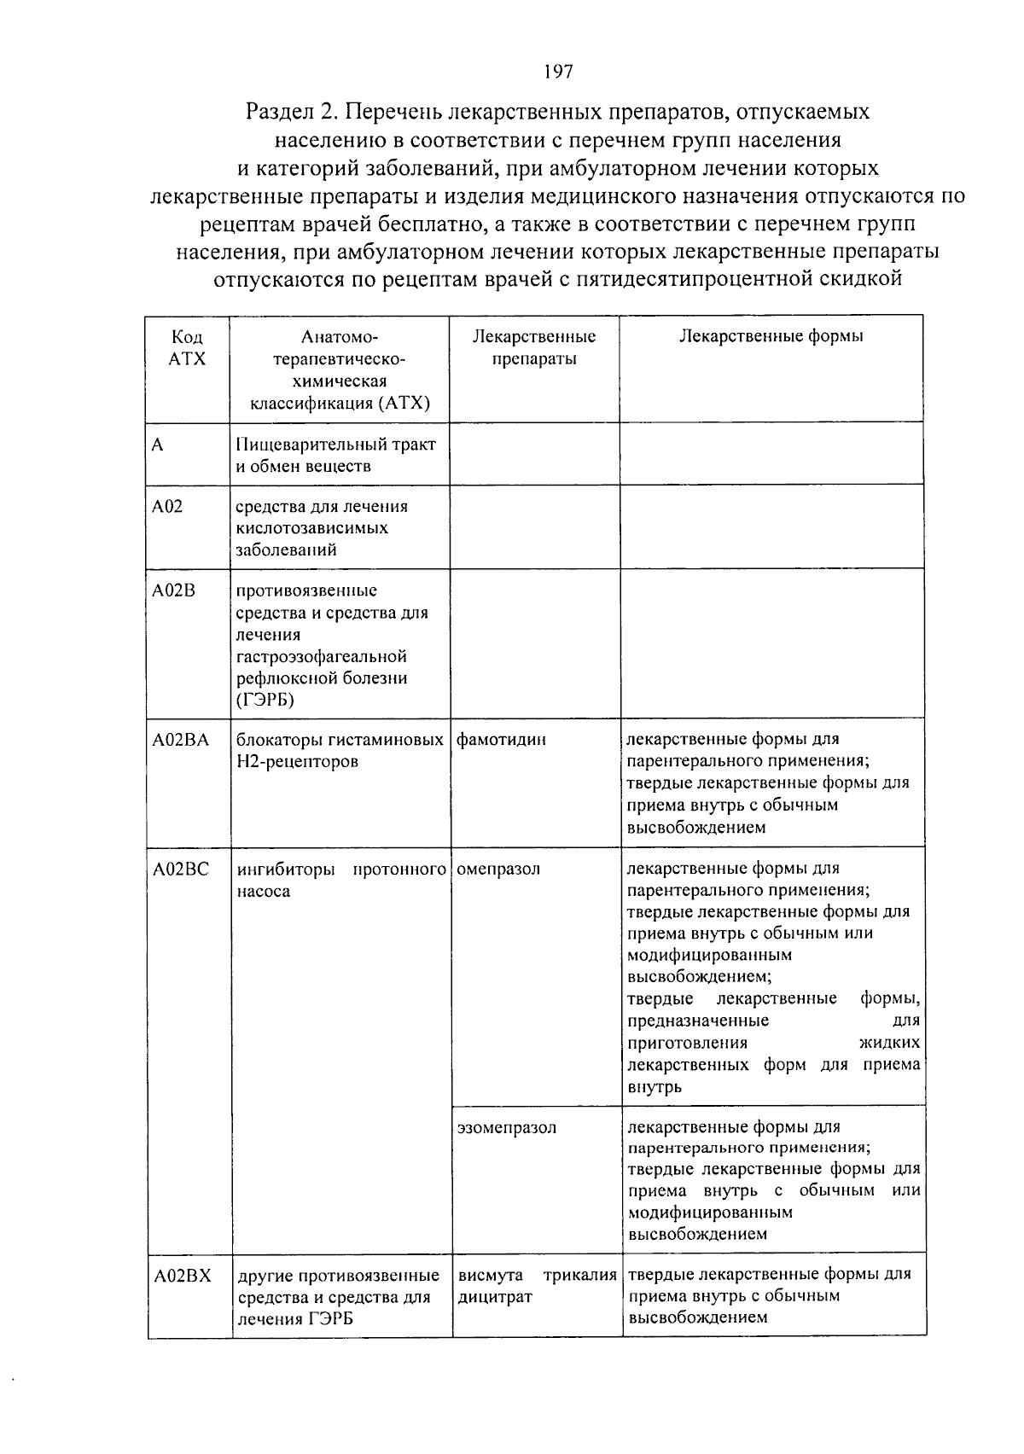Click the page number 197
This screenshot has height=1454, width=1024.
[x=556, y=71]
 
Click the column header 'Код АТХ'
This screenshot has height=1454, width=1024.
[x=188, y=347]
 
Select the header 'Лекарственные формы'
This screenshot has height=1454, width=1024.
[x=771, y=336]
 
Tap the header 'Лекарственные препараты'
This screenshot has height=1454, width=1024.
[x=534, y=347]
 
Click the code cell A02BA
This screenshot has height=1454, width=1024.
[x=180, y=740]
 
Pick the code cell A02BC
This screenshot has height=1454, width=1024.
[x=180, y=869]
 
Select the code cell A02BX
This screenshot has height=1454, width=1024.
[x=182, y=1276]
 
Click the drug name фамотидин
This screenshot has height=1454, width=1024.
[x=501, y=740]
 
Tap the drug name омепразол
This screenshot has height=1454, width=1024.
[x=498, y=869]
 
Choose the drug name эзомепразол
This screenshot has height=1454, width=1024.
[x=506, y=1127]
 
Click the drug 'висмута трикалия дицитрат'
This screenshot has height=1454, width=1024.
[x=537, y=1286]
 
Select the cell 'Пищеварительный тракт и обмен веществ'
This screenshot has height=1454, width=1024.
[x=335, y=455]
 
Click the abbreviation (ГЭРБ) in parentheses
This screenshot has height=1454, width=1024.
[x=265, y=701]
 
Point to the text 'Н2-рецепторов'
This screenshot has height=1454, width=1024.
[x=287, y=762]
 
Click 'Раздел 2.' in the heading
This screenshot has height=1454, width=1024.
[x=292, y=112]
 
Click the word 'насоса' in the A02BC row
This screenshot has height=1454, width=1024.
[x=263, y=892]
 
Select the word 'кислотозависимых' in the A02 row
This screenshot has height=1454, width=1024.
[x=312, y=528]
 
